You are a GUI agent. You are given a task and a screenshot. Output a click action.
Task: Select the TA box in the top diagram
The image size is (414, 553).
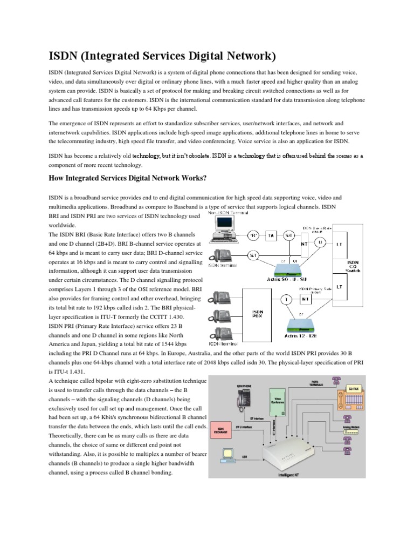pos(272,236)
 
